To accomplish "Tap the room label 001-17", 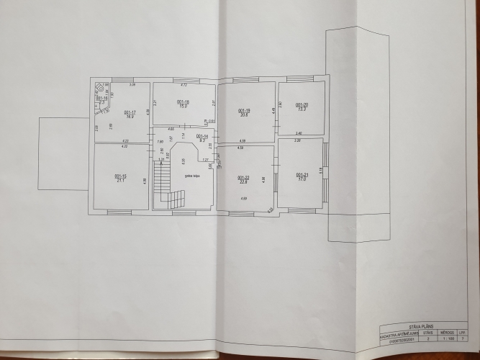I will [130, 112].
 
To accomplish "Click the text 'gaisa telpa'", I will [191, 174].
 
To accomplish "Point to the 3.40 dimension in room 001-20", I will [298, 134].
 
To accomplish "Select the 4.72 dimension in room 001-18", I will [184, 86].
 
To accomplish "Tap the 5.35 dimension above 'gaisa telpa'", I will [184, 160].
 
